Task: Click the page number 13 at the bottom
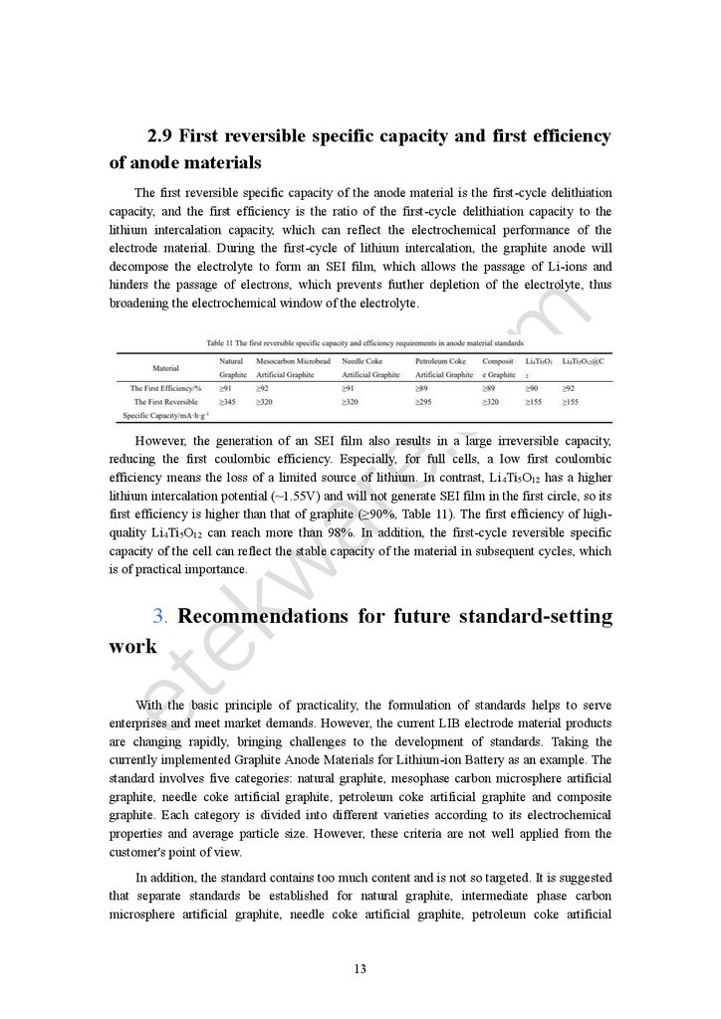click(360, 968)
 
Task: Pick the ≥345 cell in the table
click(228, 401)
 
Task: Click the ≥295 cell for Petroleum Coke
click(424, 401)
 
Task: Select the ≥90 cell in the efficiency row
click(532, 387)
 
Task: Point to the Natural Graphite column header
click(232, 366)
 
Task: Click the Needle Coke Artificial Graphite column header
click(370, 366)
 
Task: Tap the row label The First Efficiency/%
click(166, 387)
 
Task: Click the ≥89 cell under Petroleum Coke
click(421, 387)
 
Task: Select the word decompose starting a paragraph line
click(139, 267)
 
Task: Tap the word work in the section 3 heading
click(132, 646)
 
